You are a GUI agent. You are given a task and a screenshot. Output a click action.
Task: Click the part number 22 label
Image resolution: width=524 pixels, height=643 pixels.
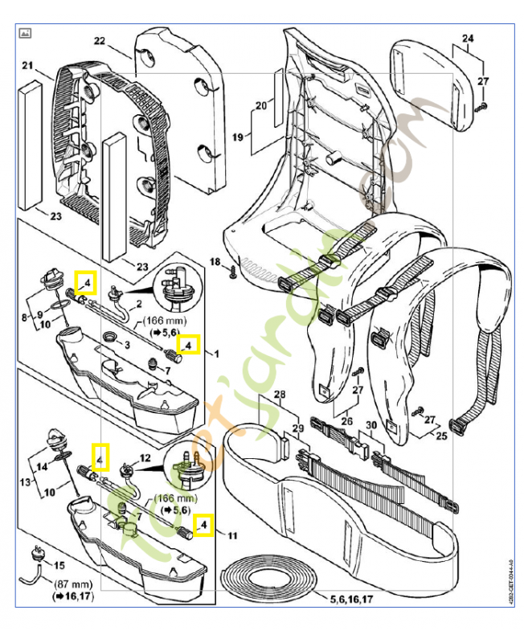pos(100,41)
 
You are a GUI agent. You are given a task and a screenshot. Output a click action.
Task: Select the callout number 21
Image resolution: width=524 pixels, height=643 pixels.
pos(27,65)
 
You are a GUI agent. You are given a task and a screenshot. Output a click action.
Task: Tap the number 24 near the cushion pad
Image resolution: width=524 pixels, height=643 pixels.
pos(469,38)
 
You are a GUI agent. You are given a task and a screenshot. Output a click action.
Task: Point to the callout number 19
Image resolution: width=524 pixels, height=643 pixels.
pos(238,137)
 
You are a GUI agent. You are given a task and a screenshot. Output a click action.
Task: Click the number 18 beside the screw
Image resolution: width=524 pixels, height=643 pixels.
pos(215,262)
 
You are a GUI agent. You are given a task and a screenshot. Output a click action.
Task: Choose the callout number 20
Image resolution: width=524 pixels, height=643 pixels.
pos(260,105)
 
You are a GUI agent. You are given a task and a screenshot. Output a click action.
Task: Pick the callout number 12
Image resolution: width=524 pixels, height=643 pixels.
pos(145,457)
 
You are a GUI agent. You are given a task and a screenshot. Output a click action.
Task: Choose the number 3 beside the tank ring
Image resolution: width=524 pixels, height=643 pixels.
pos(126,344)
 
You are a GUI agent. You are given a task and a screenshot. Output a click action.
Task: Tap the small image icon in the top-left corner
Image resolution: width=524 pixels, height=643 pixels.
pos(25,34)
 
